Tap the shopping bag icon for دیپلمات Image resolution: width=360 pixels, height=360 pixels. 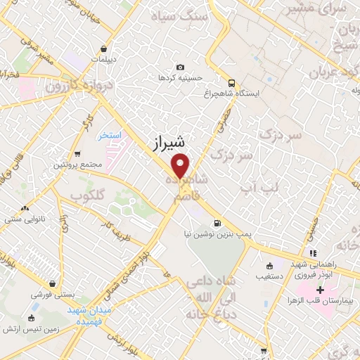point(104,49)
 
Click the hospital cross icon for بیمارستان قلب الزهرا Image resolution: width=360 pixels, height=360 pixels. point(320,290)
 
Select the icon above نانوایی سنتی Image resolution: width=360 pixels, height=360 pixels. point(26,208)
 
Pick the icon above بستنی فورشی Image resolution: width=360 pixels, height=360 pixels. point(50,278)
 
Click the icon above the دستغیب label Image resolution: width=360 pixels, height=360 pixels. point(270,266)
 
